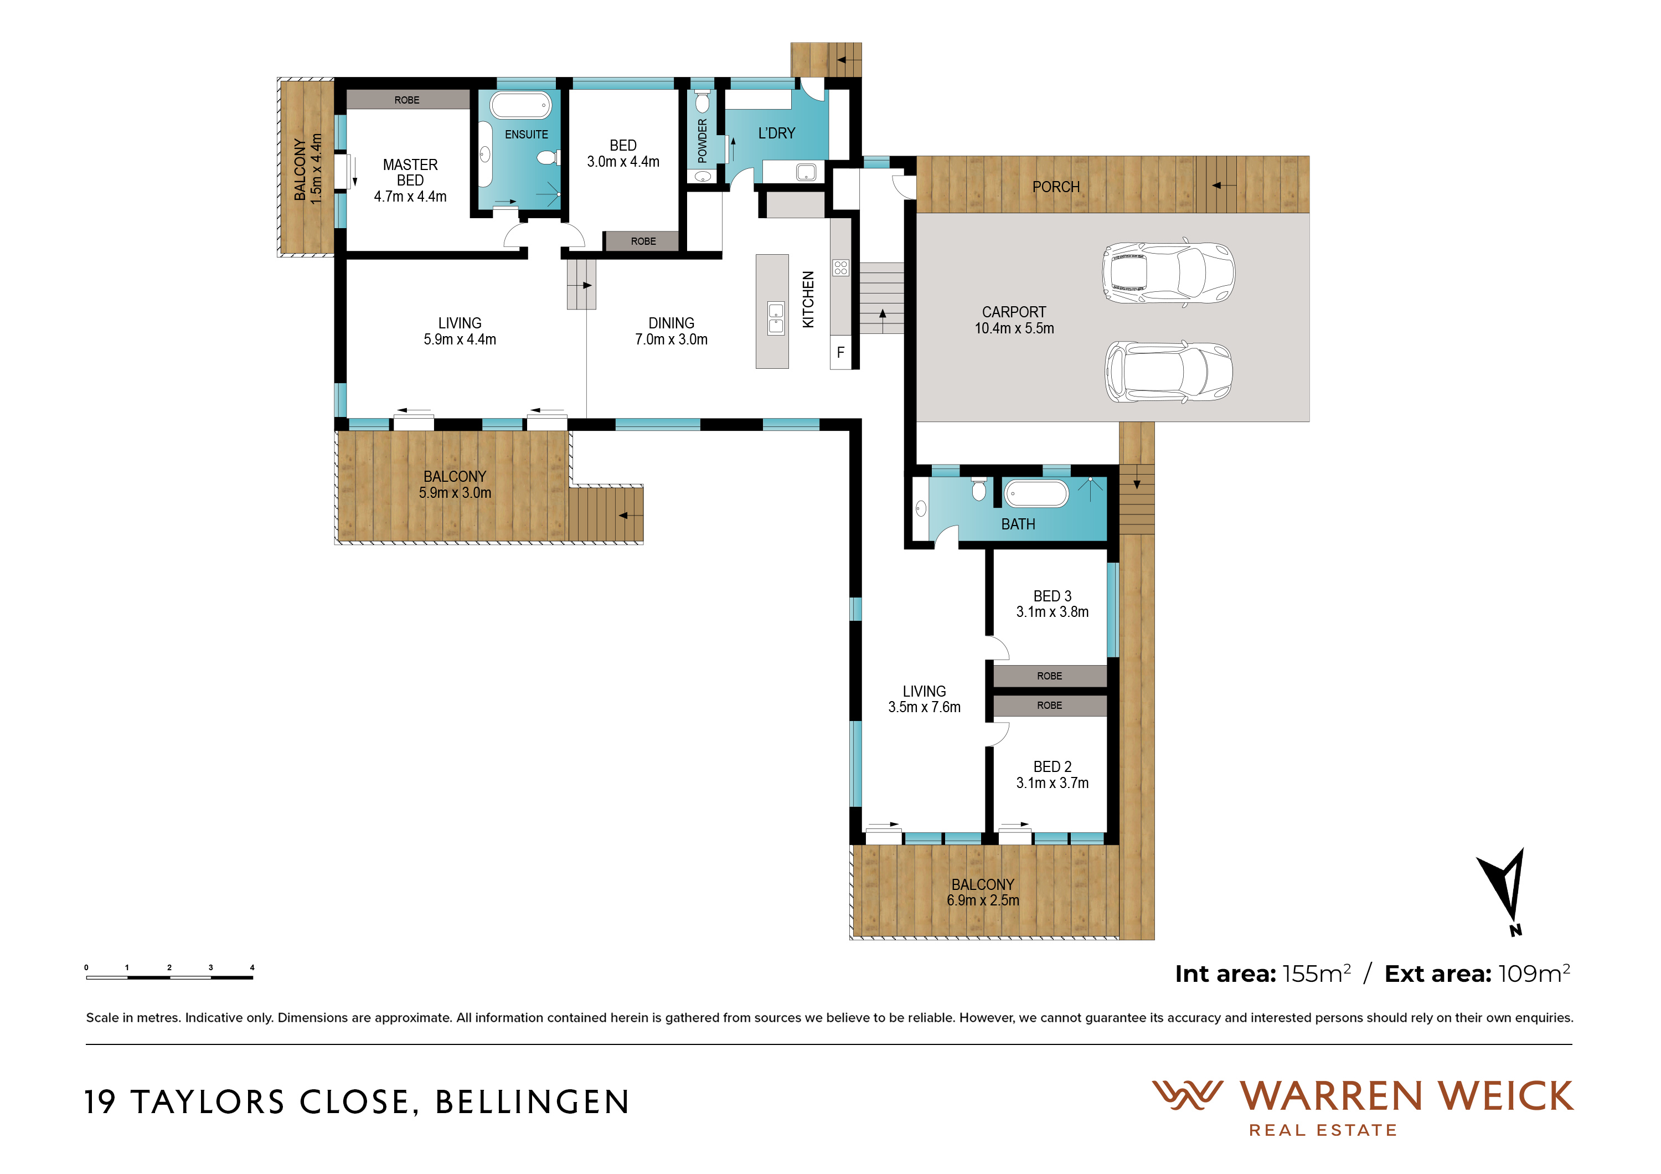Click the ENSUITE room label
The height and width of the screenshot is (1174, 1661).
click(526, 135)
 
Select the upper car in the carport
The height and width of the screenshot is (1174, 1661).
click(1168, 272)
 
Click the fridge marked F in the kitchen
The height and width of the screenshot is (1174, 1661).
click(840, 353)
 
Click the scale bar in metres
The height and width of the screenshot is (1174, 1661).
click(169, 976)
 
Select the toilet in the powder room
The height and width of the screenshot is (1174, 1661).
click(703, 101)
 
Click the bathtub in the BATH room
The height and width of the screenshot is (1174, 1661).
click(1036, 493)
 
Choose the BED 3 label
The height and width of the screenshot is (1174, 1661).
click(1052, 596)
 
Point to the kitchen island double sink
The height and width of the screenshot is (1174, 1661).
click(776, 318)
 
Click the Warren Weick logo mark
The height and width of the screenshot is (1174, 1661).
click(1187, 1095)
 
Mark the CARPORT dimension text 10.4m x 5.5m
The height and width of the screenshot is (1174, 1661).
click(1014, 328)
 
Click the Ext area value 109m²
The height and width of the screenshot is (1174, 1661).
click(1534, 974)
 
